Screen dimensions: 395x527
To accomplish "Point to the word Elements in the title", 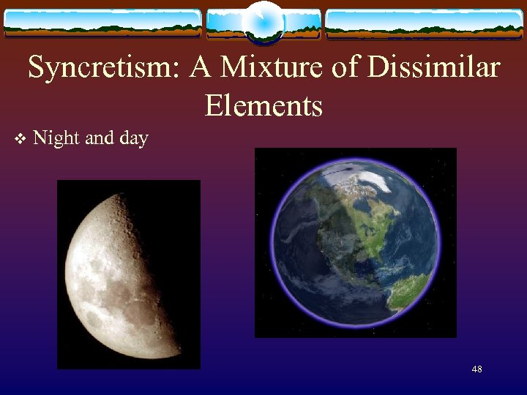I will (x=263, y=106).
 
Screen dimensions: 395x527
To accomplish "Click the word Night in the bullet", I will (x=56, y=138).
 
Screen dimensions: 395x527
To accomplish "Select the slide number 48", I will (x=476, y=369).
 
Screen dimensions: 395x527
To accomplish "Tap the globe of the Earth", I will (x=355, y=241).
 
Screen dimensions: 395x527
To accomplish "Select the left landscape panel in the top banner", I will (x=102, y=23).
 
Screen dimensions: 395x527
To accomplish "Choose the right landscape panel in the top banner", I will (x=425, y=23).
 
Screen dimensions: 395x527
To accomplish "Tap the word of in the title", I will (x=340, y=69).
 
